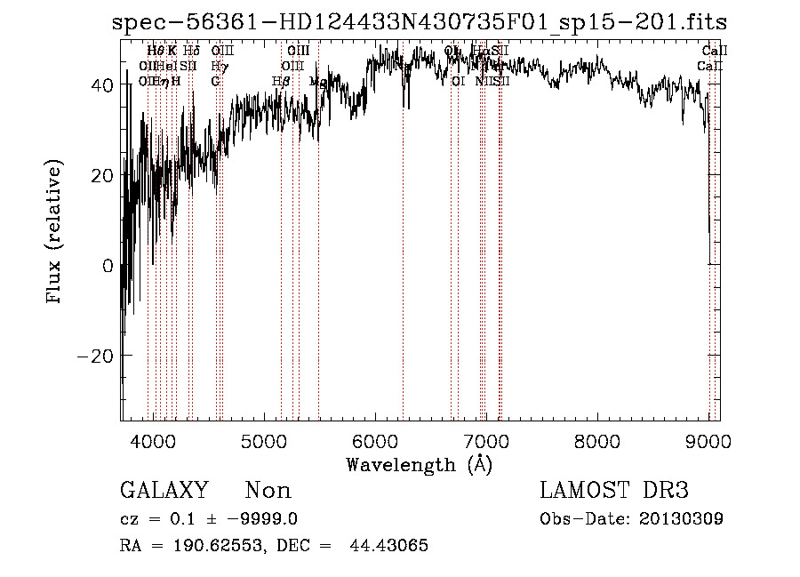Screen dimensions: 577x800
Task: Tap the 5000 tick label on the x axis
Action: click(263, 441)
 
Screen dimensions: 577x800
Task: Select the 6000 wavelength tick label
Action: click(374, 441)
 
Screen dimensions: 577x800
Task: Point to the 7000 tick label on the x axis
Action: click(485, 441)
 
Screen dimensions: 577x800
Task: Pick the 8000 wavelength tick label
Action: click(596, 441)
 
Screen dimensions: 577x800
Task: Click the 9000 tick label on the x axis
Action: click(708, 441)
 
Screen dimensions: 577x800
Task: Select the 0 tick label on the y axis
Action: click(108, 265)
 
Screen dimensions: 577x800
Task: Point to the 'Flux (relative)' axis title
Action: click(56, 233)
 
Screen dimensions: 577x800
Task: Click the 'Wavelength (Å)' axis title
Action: click(419, 464)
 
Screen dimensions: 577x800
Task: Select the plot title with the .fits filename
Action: click(419, 23)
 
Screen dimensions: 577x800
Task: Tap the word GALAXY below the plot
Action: click(164, 491)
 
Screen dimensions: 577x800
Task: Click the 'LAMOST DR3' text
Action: click(613, 491)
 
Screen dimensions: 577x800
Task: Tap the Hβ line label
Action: click(281, 81)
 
